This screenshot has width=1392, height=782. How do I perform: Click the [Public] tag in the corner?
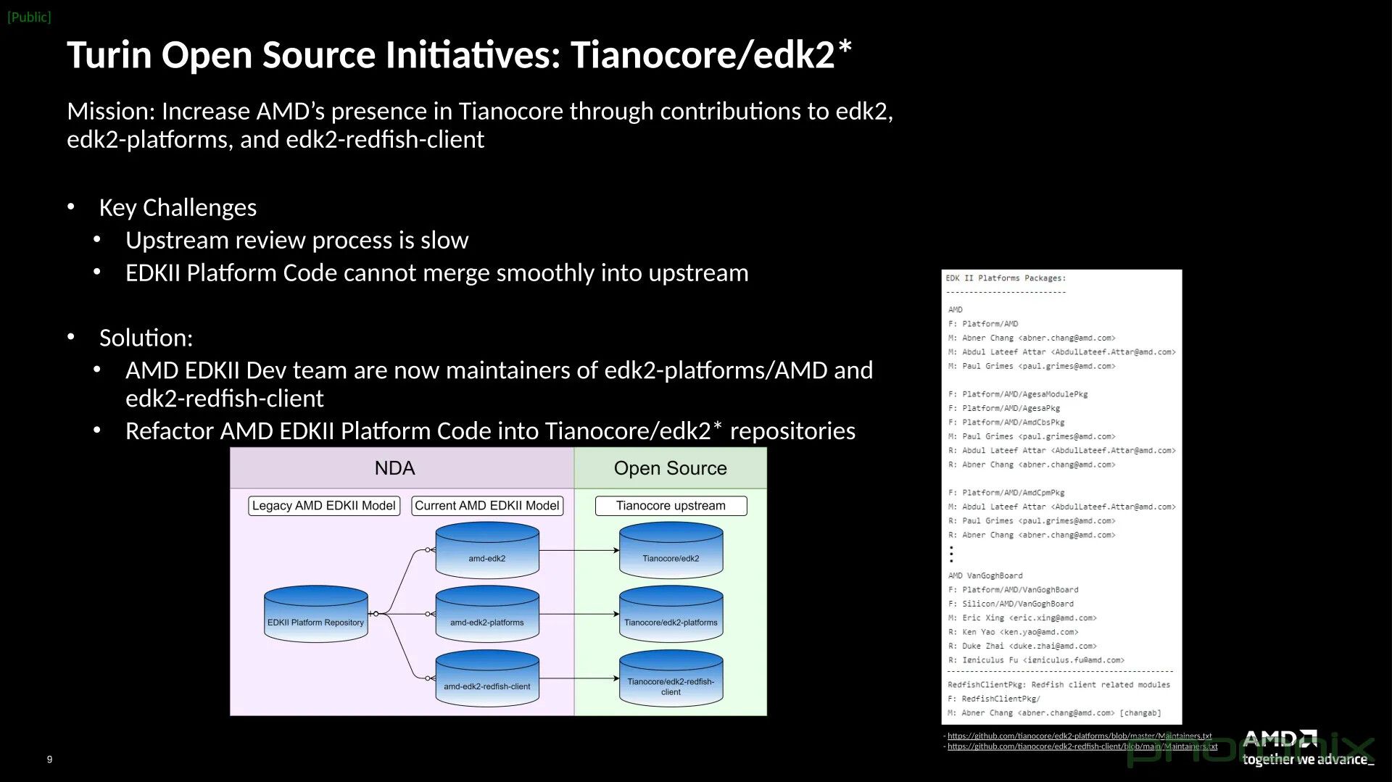coord(29,17)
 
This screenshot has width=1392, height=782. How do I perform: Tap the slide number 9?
coord(49,760)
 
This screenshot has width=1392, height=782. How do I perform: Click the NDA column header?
coord(394,468)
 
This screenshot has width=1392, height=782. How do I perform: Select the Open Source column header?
coord(670,468)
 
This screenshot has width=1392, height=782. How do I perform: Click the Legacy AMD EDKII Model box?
coord(323,506)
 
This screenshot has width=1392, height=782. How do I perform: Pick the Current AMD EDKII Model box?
coord(487,506)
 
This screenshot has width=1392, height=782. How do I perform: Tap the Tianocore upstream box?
coord(671,506)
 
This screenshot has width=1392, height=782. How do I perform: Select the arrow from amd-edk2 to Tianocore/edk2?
coord(579,550)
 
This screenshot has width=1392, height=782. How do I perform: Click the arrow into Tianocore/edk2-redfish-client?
coord(579,678)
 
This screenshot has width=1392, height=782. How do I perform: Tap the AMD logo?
coord(1280,739)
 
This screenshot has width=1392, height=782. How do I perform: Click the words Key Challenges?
coord(178,208)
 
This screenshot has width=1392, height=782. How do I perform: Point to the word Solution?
coord(146,338)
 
